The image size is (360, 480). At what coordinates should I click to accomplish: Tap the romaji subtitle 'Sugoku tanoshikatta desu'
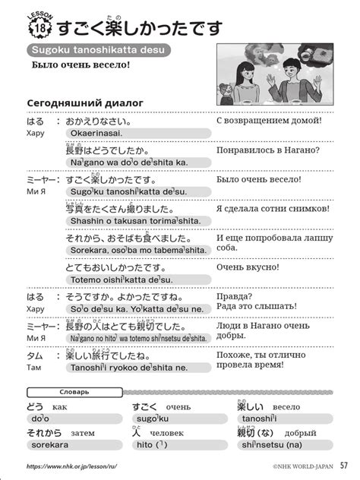click(97, 51)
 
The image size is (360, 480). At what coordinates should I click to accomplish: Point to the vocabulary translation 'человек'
click(167, 433)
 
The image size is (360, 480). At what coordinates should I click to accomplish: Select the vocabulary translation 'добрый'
click(290, 433)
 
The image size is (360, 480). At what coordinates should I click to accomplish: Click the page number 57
click(343, 465)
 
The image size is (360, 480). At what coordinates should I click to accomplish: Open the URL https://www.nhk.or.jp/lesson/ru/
click(71, 466)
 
